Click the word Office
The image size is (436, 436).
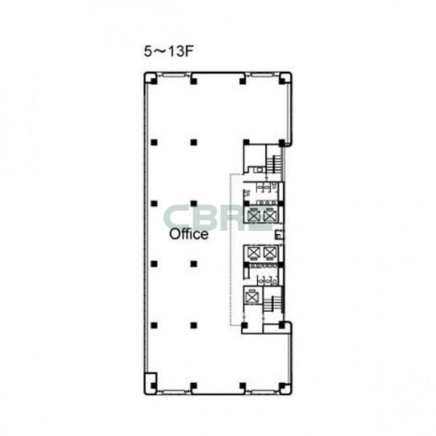pyautogui.click(x=189, y=234)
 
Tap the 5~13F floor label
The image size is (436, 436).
pyautogui.click(x=168, y=51)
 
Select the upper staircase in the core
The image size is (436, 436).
pyautogui.click(x=274, y=164)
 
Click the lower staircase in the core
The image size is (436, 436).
pyautogui.click(x=272, y=304)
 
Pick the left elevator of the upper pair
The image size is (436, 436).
pyautogui.click(x=254, y=216)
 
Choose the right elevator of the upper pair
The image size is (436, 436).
pyautogui.click(x=269, y=216)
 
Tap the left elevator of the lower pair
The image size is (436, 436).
pyautogui.click(x=254, y=252)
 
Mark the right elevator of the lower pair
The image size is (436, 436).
pyautogui.click(x=269, y=252)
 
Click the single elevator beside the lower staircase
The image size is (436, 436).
pyautogui.click(x=252, y=297)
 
